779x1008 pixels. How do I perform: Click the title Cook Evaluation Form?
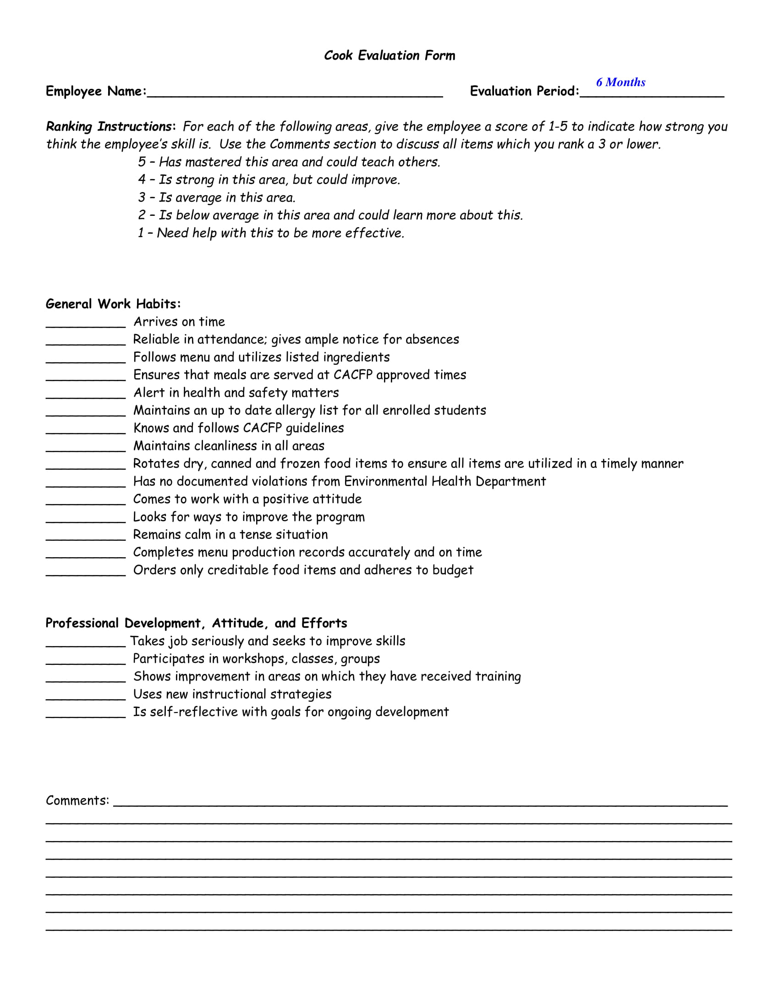click(389, 55)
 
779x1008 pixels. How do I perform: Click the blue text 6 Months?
click(620, 82)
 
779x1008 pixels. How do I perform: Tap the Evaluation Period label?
click(524, 91)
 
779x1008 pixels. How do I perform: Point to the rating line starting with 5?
click(289, 162)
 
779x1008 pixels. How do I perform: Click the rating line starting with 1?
click(271, 233)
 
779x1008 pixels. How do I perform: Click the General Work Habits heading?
click(113, 304)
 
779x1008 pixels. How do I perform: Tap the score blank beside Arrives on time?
click(85, 323)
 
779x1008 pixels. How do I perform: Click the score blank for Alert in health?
click(85, 394)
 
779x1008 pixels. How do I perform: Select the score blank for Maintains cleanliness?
click(85, 447)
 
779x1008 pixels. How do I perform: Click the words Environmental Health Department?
click(445, 482)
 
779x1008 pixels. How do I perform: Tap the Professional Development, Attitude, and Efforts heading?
click(196, 624)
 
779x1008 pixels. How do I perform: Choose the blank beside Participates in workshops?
click(85, 660)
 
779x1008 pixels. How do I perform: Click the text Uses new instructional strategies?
click(232, 695)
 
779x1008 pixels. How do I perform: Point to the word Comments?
click(77, 801)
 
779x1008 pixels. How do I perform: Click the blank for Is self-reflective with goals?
click(85, 713)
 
